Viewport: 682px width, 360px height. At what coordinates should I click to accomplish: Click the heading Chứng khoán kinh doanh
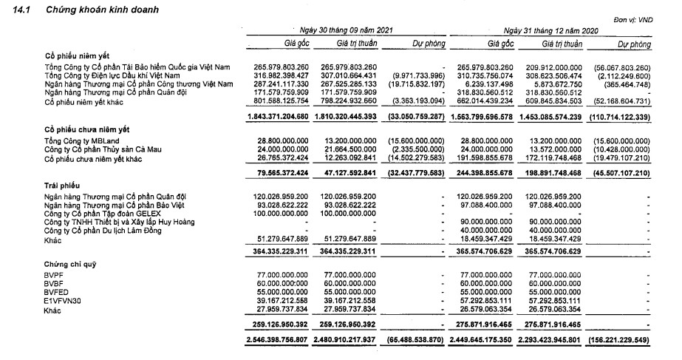tap(100, 8)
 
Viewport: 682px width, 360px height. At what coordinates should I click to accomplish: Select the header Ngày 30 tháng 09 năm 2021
tap(346, 30)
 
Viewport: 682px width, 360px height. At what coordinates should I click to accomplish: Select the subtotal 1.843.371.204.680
tap(278, 117)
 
